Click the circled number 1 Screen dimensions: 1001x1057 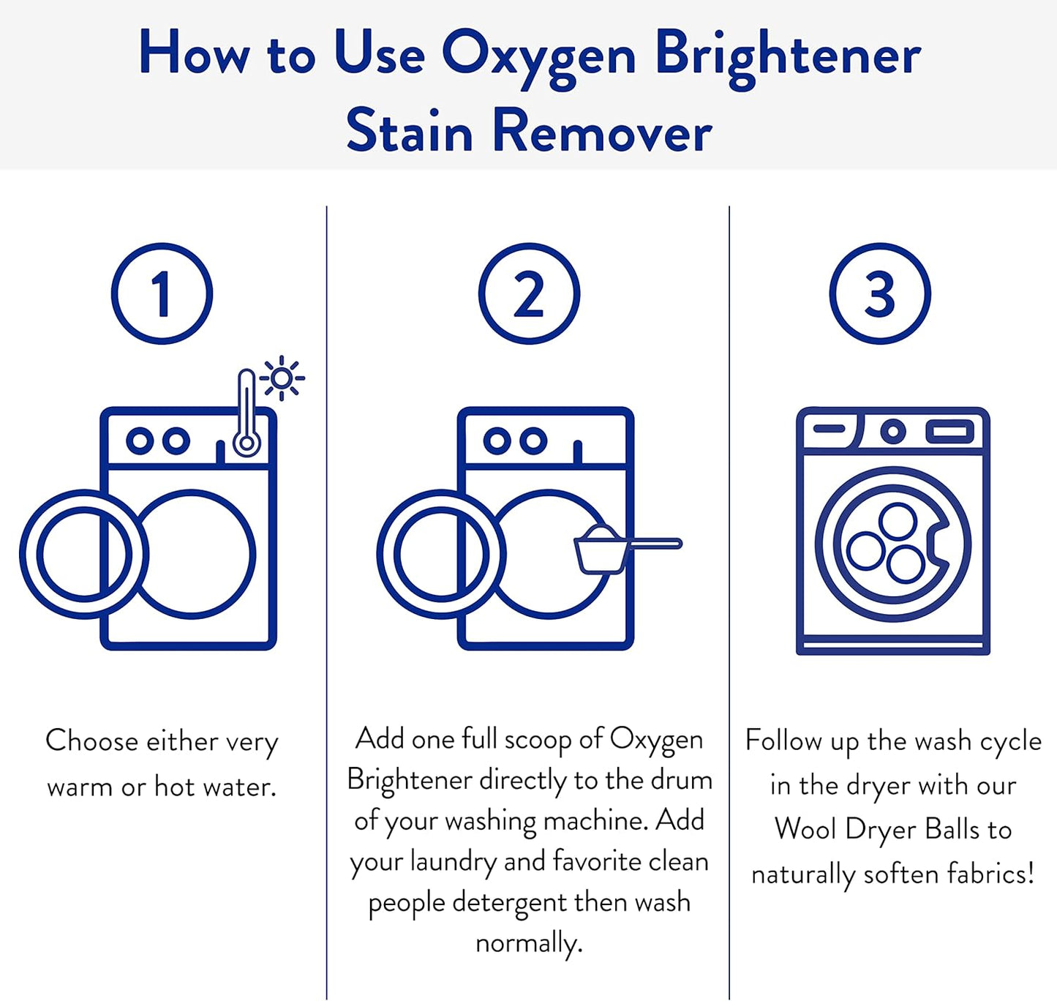pos(162,293)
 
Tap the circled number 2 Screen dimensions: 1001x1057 pos(529,293)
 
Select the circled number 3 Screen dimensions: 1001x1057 pos(880,293)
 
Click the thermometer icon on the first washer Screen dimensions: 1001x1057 pos(247,417)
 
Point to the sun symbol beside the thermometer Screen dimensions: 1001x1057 pos(282,378)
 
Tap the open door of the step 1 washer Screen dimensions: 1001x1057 pos(83,554)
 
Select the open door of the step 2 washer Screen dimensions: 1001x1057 pos(440,554)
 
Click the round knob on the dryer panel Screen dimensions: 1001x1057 pos(892,431)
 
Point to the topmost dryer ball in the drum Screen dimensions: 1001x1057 pos(898,522)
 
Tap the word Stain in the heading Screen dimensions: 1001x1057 pos(410,132)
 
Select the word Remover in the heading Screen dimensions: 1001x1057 pos(602,132)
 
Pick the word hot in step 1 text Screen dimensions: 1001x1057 pos(174,787)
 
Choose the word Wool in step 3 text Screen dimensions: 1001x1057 pos(805,830)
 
